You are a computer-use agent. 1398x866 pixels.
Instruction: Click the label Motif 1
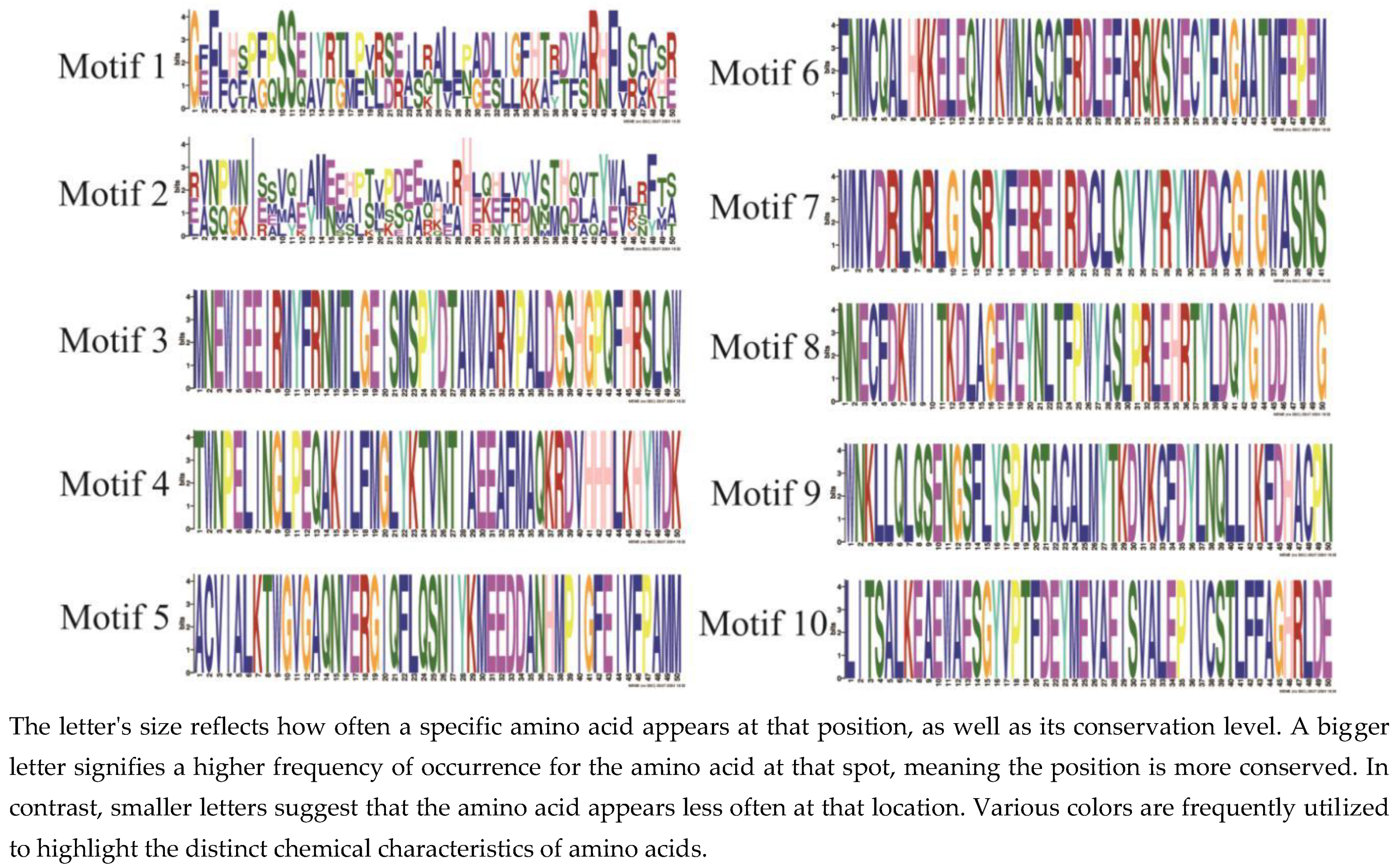coord(111,67)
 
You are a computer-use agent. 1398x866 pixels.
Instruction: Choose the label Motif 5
coord(114,618)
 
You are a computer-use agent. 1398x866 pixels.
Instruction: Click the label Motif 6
coord(764,73)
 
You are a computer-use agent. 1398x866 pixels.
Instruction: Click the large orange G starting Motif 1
coord(195,60)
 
